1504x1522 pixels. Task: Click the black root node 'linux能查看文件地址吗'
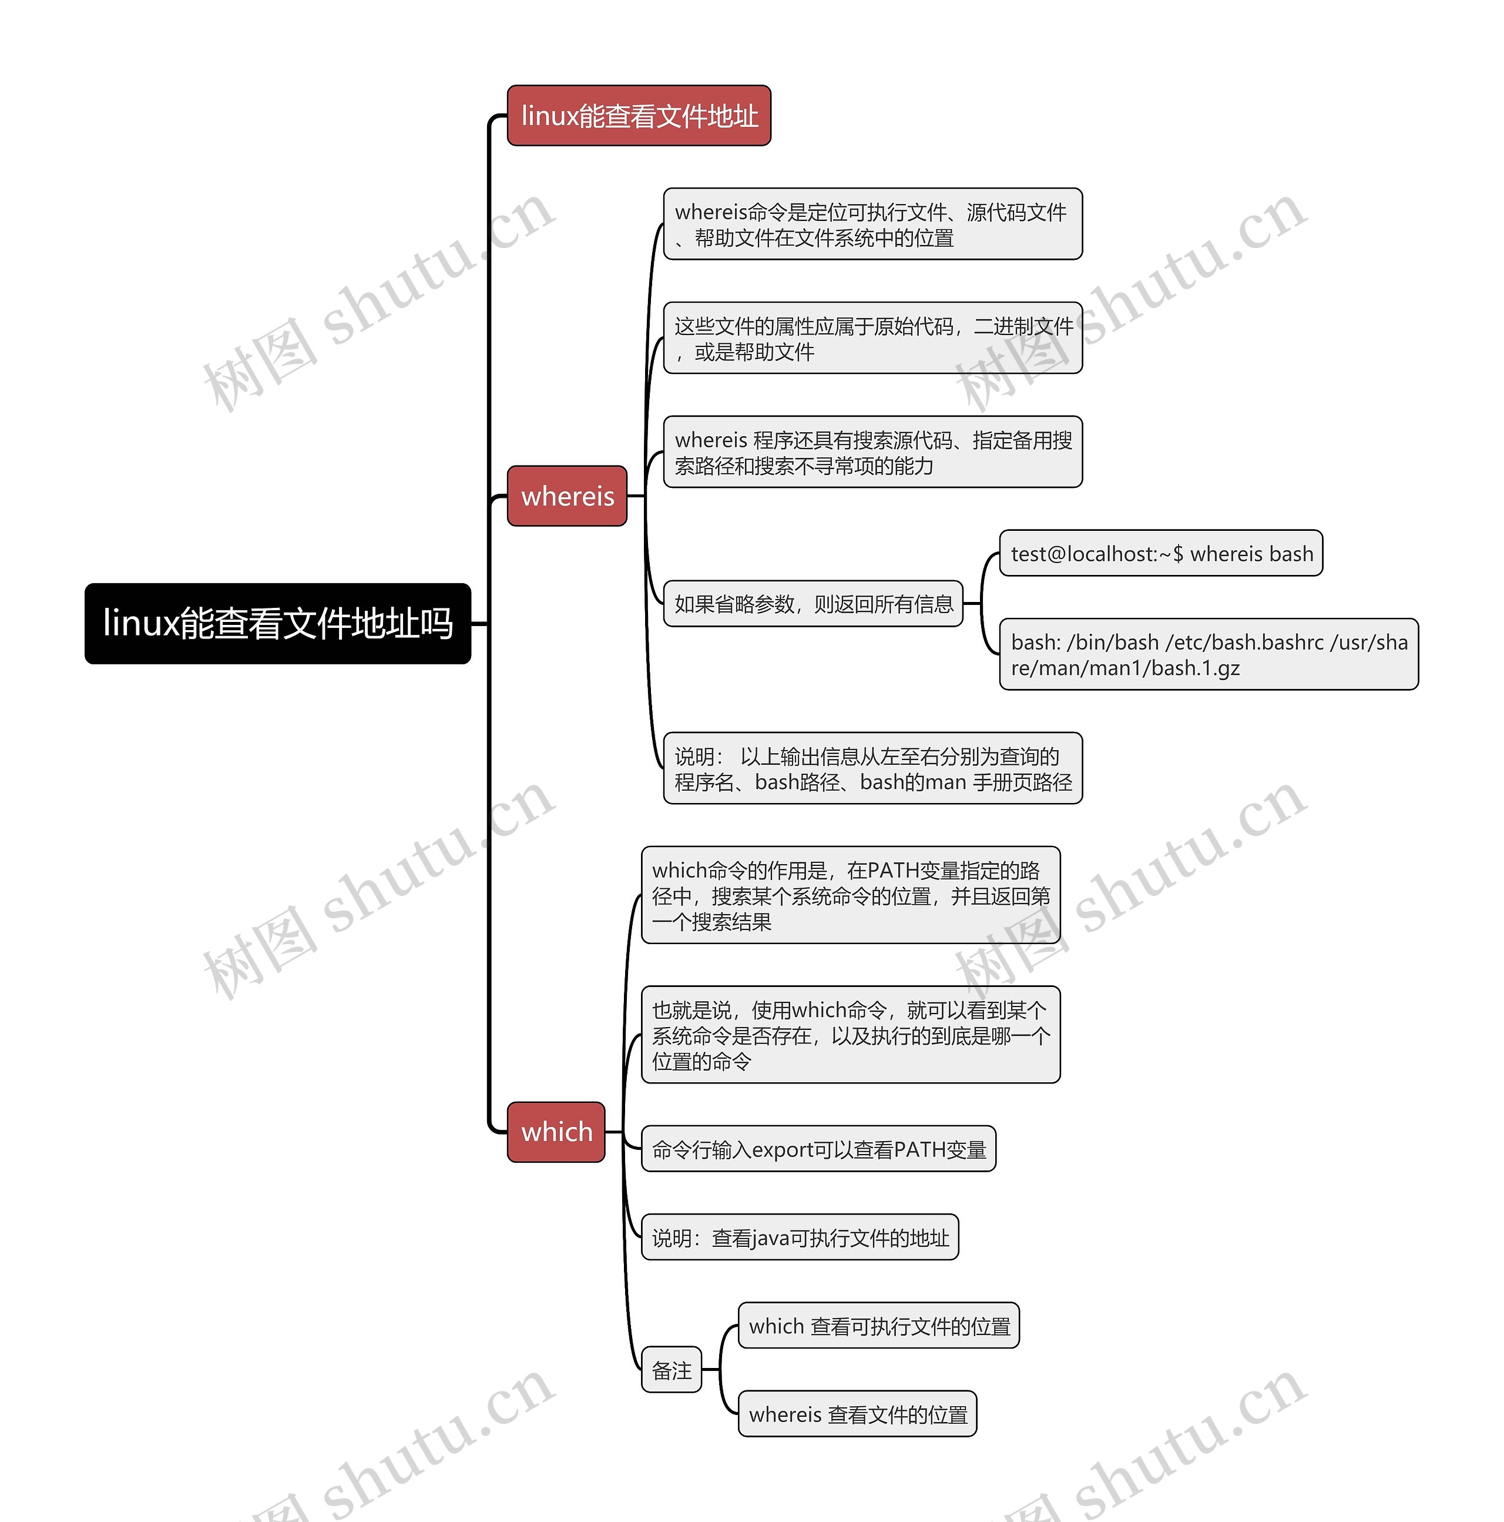(277, 623)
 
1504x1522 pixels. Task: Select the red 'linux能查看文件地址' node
(639, 116)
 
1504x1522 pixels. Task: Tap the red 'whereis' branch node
(567, 496)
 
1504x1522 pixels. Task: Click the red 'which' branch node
(556, 1132)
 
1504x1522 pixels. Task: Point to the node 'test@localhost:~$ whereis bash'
(1161, 554)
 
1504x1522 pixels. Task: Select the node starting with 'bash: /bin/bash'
(1208, 655)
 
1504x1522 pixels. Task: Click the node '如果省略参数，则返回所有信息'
(813, 604)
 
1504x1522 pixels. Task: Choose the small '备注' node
(672, 1371)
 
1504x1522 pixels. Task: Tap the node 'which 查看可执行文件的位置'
(879, 1327)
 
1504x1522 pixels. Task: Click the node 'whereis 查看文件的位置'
(858, 1415)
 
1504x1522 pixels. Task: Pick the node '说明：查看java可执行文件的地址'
(800, 1239)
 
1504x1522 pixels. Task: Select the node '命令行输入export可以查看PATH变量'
(818, 1150)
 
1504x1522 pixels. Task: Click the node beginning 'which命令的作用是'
(851, 896)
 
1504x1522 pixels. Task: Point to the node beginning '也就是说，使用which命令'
(851, 1035)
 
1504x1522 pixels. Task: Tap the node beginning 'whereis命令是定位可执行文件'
(872, 225)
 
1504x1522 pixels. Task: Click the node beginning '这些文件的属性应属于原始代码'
(872, 339)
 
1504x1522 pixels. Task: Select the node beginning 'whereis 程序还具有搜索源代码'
(872, 452)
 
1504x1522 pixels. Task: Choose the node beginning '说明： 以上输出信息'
(872, 769)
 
